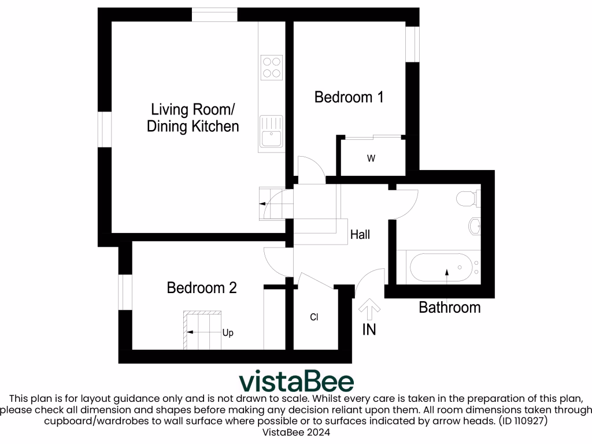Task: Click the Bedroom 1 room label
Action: (x=349, y=97)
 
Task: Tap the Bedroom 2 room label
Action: (x=202, y=287)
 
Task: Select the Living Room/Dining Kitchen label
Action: (x=193, y=117)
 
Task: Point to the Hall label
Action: (x=360, y=235)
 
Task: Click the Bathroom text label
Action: (x=449, y=307)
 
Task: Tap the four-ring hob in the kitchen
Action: (x=271, y=66)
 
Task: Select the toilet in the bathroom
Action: (x=467, y=199)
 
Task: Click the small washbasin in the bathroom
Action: (x=475, y=226)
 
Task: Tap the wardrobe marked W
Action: (x=371, y=158)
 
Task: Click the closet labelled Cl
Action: (x=314, y=317)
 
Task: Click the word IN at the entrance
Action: (x=369, y=330)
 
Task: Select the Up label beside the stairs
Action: (x=228, y=333)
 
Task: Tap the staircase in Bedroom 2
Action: (x=202, y=330)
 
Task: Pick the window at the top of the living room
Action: (x=214, y=14)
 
